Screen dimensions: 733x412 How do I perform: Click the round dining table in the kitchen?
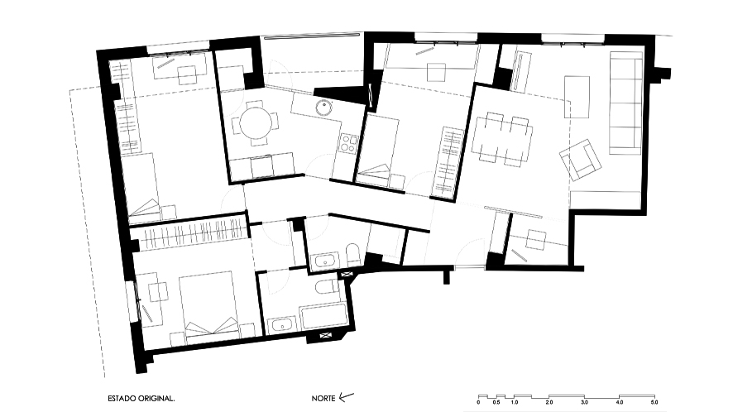(256, 124)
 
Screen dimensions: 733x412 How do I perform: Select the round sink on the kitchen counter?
(323, 107)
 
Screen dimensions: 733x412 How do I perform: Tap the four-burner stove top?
(349, 143)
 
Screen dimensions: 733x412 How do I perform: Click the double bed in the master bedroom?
(208, 304)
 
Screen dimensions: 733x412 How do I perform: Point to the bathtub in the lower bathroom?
(323, 318)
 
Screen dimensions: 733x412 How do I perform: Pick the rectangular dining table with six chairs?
(502, 139)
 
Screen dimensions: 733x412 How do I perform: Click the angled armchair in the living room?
(580, 160)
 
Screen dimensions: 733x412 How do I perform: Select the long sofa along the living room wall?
(625, 103)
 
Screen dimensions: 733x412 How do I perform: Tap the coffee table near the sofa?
(577, 97)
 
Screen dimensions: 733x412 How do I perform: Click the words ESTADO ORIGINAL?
(141, 399)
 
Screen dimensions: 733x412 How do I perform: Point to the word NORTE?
(323, 399)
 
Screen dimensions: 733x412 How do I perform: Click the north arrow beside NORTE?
(346, 397)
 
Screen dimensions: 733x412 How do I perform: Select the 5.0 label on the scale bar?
(654, 402)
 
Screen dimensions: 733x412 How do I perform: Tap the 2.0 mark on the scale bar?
(549, 402)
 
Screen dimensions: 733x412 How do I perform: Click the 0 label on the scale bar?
(479, 402)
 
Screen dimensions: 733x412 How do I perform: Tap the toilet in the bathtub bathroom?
(327, 287)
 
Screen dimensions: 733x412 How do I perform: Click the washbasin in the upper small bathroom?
(324, 261)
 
